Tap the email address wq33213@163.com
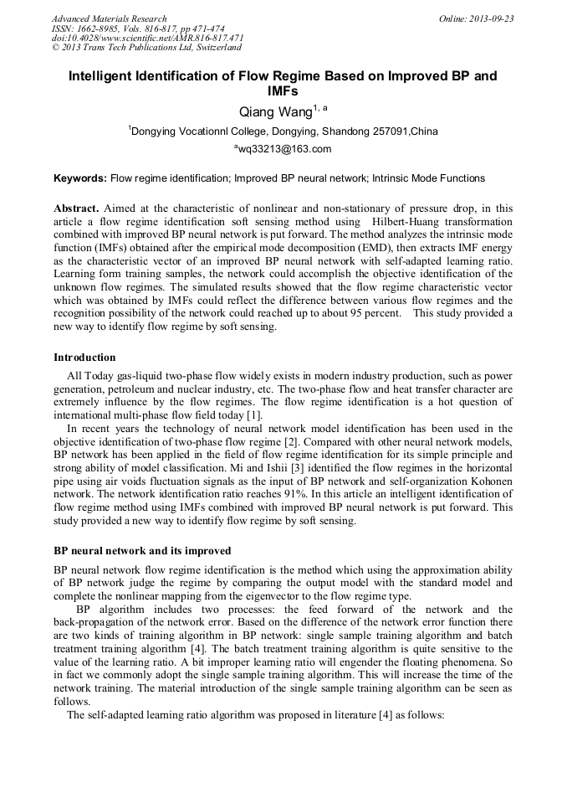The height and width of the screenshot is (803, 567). [284, 149]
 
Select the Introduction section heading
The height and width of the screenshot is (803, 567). [84, 358]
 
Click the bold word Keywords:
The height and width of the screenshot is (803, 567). [80, 178]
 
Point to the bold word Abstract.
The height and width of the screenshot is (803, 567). [76, 208]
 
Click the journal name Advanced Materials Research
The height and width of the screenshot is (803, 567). [109, 18]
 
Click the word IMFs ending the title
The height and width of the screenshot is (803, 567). [283, 90]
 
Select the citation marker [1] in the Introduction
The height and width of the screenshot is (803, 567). [254, 415]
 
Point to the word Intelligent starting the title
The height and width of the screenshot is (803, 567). [103, 76]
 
